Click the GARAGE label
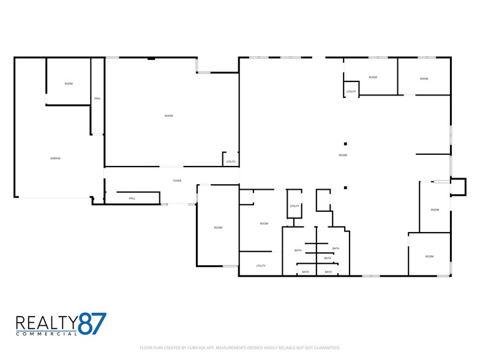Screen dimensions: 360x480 click(x=55, y=159)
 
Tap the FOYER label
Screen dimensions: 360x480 click(x=178, y=181)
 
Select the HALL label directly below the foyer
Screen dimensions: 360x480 click(x=132, y=198)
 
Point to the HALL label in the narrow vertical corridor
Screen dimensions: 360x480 click(x=97, y=99)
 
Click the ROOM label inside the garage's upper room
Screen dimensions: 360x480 click(x=69, y=84)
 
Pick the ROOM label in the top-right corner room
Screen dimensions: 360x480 click(x=424, y=79)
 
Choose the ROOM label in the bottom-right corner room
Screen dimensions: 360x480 click(x=430, y=257)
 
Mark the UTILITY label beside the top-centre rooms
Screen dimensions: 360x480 click(x=351, y=92)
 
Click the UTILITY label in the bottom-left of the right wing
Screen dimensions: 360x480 click(x=261, y=266)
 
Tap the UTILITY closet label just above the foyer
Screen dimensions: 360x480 click(x=231, y=162)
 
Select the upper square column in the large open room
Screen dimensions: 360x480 click(x=345, y=143)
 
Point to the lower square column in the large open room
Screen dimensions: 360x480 click(x=345, y=187)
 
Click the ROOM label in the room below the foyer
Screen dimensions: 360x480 click(x=218, y=228)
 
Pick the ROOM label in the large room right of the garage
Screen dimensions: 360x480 click(x=169, y=116)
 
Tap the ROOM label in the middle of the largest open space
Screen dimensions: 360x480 click(x=343, y=156)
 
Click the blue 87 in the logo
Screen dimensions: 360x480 click(x=92, y=323)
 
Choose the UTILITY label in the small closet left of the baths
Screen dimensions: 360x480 click(x=294, y=206)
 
